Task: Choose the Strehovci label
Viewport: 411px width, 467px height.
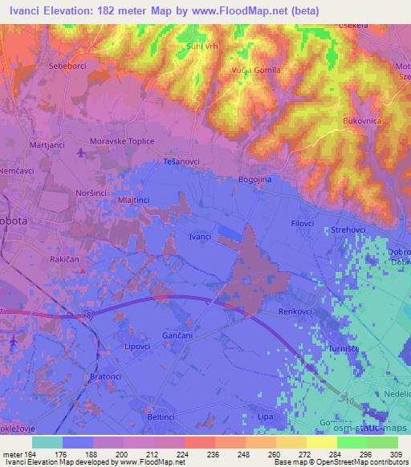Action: (x=348, y=230)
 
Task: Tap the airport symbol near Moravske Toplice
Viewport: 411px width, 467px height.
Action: (x=81, y=151)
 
